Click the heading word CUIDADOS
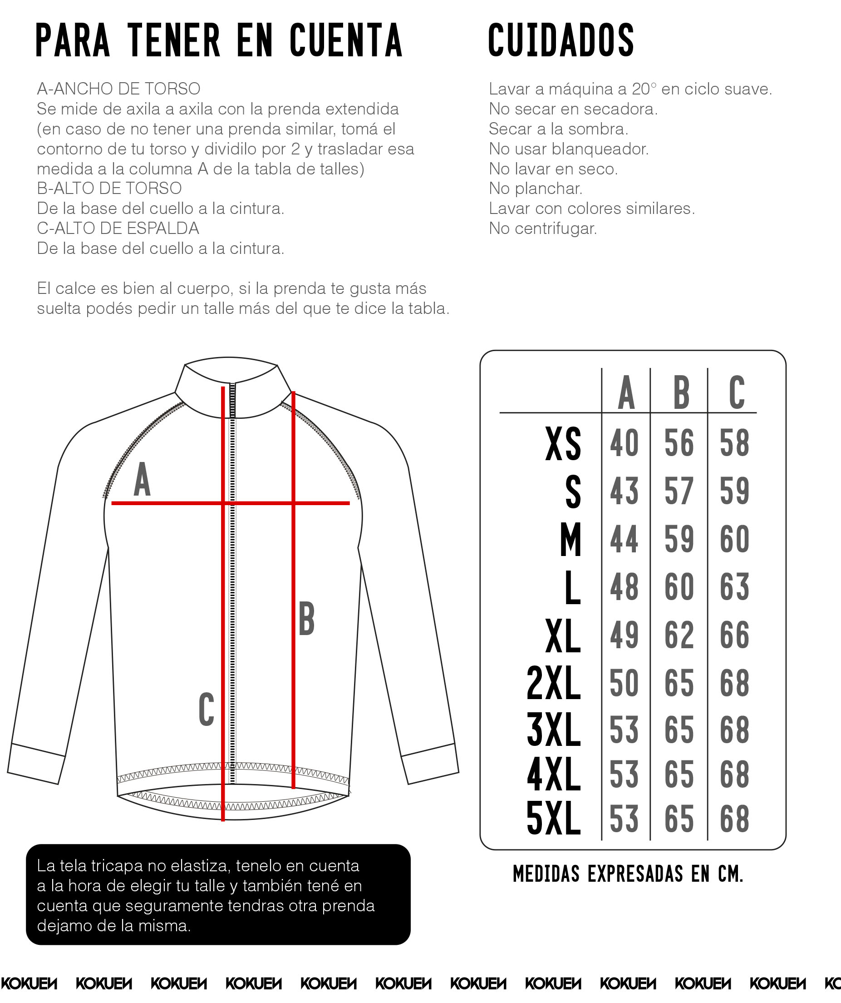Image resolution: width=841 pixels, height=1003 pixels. pos(561,40)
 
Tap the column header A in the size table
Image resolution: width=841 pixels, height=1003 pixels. pos(626,392)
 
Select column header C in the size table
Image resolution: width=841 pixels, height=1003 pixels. pos(737,392)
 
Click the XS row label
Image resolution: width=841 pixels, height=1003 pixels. pos(563,444)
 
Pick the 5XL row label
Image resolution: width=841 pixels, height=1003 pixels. pos(554,819)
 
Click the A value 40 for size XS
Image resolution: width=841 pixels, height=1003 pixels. pos(625,443)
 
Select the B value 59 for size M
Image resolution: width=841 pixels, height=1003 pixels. pos(679,539)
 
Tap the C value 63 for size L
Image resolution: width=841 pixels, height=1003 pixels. pos(734,587)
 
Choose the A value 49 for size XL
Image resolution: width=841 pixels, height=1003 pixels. pos(625,635)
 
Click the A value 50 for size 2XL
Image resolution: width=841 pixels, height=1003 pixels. pos(625,683)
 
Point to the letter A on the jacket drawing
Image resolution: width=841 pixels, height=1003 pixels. pos(142,480)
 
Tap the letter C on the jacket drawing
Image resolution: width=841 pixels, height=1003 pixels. pos(206,710)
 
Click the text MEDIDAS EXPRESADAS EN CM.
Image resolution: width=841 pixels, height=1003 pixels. pos(628,874)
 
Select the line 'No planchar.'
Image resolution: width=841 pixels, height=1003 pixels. pos(536,189)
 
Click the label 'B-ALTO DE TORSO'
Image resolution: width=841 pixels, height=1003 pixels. pos(109,189)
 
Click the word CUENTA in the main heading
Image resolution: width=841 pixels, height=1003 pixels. pos(346,40)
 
